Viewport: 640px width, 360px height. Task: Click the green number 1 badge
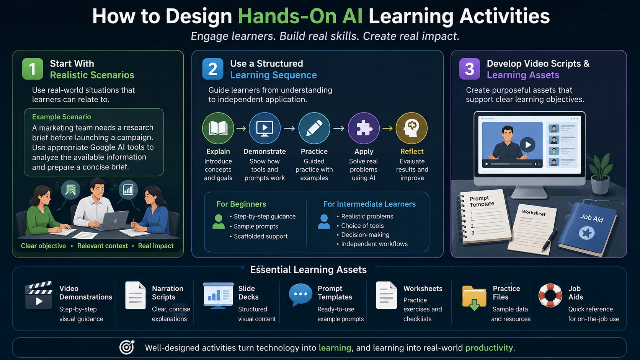click(x=33, y=69)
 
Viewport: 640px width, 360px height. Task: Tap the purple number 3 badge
click(x=469, y=69)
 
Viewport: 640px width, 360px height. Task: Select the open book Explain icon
click(x=218, y=128)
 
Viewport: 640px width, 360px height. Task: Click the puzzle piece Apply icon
click(x=363, y=128)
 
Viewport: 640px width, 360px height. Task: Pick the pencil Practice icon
click(x=314, y=128)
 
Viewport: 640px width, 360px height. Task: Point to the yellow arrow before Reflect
click(x=387, y=129)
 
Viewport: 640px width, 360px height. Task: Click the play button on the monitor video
click(x=527, y=145)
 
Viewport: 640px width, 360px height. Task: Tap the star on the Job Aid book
click(x=586, y=233)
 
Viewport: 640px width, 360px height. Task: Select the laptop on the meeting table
click(x=113, y=220)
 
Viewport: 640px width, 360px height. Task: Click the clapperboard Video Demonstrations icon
click(x=39, y=295)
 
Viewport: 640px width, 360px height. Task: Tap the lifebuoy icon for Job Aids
click(x=550, y=295)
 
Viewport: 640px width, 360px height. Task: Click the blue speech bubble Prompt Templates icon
click(x=300, y=295)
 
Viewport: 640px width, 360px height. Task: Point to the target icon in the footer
click(x=127, y=347)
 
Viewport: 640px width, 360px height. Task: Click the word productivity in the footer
click(x=489, y=348)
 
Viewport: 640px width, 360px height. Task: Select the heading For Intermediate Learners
click(x=369, y=204)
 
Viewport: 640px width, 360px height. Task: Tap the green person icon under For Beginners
click(x=219, y=222)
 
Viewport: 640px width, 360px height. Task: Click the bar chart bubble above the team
click(x=128, y=189)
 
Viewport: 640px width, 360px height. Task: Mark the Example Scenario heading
click(x=61, y=117)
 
